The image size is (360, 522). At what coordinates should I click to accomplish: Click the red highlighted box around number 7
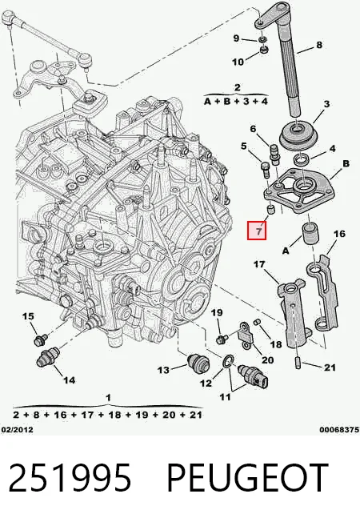click(257, 231)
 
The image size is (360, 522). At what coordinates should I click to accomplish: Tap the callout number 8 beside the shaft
click(318, 45)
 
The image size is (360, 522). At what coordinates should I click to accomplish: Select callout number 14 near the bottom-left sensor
click(70, 379)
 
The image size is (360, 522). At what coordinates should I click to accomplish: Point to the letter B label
click(346, 163)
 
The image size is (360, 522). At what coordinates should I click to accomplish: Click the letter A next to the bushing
click(286, 251)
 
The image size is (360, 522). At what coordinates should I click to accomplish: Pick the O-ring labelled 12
click(228, 362)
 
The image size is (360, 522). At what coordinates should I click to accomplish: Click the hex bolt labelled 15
click(40, 339)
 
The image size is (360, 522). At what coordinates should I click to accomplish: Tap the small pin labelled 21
click(298, 363)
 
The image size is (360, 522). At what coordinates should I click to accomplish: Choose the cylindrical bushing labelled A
click(310, 235)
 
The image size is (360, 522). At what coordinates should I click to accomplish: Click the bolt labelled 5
click(265, 168)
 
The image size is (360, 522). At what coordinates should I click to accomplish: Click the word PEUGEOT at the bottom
click(247, 477)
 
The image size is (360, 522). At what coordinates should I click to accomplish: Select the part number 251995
click(70, 477)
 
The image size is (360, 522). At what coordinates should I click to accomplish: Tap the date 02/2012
click(17, 429)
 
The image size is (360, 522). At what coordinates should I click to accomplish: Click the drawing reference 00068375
click(340, 429)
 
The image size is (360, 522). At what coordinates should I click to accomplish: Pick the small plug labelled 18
click(257, 322)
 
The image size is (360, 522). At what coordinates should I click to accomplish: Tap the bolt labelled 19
click(222, 339)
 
